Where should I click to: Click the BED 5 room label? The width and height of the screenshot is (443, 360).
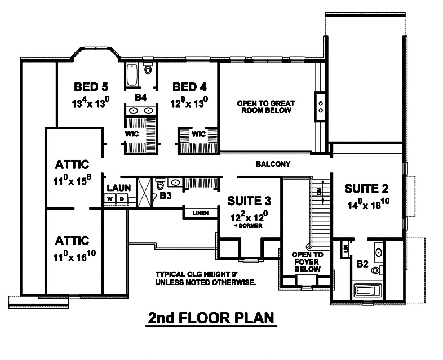coord(91,87)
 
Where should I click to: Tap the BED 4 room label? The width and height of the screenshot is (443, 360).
coord(189,87)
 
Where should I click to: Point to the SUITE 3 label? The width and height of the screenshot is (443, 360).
coord(249,201)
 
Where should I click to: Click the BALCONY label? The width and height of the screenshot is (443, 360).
coord(272,165)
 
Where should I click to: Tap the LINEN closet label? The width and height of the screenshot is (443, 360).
coord(200,213)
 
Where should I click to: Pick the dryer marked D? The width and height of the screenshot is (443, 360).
coord(122,199)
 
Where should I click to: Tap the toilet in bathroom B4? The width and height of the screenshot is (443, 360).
coord(148,70)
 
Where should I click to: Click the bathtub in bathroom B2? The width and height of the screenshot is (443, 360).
coord(368,291)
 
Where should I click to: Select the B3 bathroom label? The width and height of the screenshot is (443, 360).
coord(165,197)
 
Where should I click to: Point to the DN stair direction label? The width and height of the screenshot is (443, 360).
coord(320,192)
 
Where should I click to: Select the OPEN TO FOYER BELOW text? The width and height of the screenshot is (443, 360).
coord(306,261)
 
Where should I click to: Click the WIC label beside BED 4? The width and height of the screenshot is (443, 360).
coord(198,134)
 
